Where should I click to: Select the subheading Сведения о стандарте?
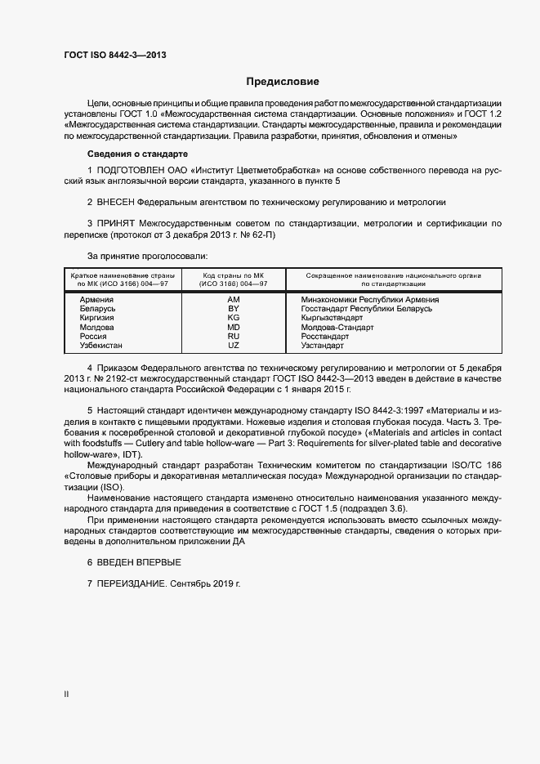[137, 154]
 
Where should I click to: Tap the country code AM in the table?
[233, 300]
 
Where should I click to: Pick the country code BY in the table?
[233, 309]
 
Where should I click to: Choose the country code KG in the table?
[233, 318]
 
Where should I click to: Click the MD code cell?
[233, 327]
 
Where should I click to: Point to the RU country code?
[233, 336]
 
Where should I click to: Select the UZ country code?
[233, 345]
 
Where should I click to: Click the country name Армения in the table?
[96, 300]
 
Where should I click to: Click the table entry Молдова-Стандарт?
[337, 327]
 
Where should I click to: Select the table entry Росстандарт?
[324, 336]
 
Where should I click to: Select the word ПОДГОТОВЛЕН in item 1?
[134, 169]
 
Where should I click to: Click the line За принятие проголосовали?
[148, 257]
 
